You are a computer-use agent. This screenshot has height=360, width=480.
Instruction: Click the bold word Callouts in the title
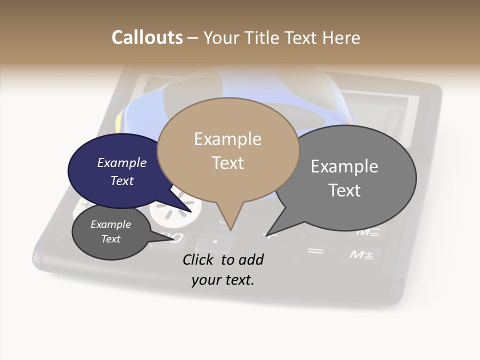tap(147, 37)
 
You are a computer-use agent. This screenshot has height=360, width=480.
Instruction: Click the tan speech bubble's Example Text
tap(228, 151)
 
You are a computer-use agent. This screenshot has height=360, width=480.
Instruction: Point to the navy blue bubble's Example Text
tap(122, 171)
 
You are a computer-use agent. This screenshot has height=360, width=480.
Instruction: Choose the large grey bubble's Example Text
tap(344, 178)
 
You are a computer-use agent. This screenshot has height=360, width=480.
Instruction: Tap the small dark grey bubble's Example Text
tap(111, 231)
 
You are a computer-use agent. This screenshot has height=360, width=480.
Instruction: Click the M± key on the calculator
tap(361, 255)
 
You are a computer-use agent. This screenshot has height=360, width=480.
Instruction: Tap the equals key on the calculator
tap(315, 250)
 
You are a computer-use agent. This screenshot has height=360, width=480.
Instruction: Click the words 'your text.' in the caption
tap(223, 280)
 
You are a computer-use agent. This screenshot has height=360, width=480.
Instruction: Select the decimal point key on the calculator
tap(215, 242)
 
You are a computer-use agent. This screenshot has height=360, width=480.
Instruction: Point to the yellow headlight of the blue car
tap(119, 123)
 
